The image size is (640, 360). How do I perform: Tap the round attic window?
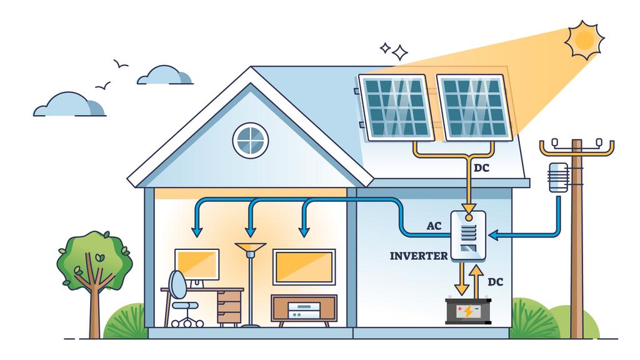tap(251, 140)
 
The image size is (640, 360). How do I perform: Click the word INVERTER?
tap(418, 256)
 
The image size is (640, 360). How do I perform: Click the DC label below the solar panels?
tap(481, 167)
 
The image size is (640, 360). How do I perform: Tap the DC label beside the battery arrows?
tap(495, 282)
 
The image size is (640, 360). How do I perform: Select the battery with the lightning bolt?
tap(468, 311)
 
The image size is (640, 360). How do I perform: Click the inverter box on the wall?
tap(469, 235)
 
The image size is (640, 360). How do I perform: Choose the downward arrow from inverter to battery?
tap(462, 279)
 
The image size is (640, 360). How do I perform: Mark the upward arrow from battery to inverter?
tap(476, 279)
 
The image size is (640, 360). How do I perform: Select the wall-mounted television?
tap(304, 267)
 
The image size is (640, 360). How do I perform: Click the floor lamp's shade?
tap(250, 249)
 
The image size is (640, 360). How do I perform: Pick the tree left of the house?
tap(94, 269)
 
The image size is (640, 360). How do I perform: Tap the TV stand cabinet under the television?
tap(304, 309)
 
